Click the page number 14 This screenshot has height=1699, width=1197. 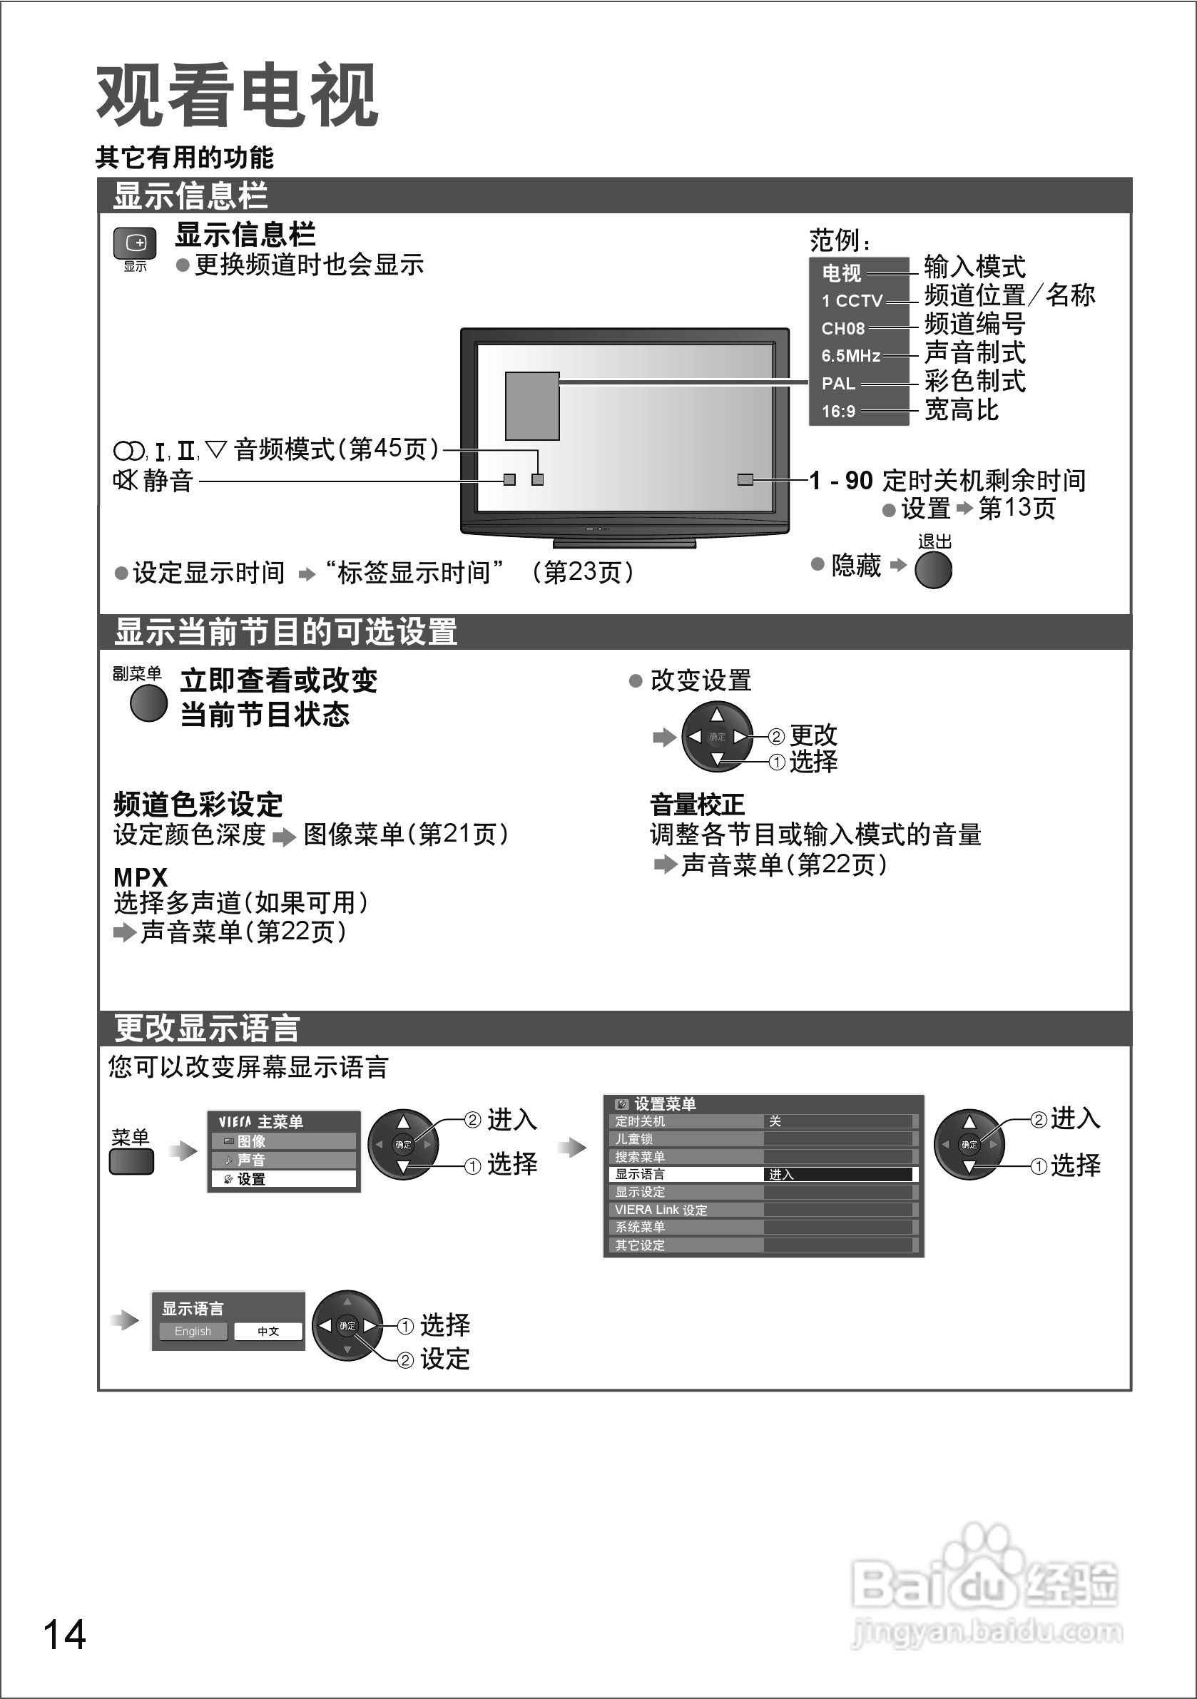tap(65, 1635)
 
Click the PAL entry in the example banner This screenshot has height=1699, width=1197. tap(838, 383)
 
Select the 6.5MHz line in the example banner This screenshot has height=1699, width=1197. tap(850, 356)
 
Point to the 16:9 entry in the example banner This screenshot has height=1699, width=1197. tap(838, 412)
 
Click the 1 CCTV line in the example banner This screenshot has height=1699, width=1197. tap(852, 300)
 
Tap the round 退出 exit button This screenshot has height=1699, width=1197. tap(933, 570)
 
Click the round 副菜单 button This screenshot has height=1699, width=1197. tap(148, 703)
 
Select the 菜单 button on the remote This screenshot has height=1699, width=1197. tap(131, 1161)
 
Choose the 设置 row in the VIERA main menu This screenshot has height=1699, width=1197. tap(283, 1179)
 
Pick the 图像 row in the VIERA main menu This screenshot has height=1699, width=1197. tap(283, 1141)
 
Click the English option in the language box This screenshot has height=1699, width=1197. tap(193, 1331)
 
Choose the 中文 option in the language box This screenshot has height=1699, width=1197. tap(268, 1331)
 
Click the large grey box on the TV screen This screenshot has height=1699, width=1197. tap(531, 406)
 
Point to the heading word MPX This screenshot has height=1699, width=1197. tap(141, 877)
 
